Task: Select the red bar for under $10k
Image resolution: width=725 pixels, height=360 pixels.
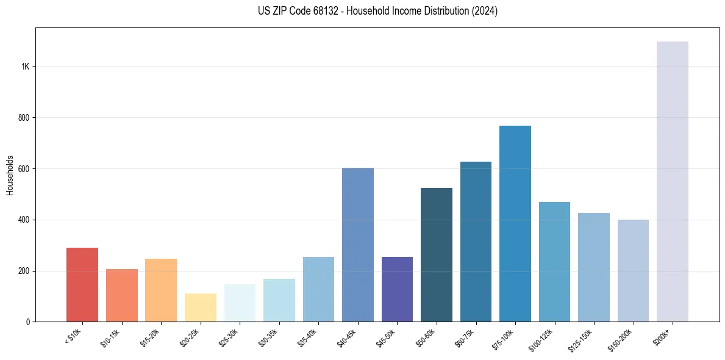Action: point(82,284)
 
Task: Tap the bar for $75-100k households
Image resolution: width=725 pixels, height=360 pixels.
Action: point(515,223)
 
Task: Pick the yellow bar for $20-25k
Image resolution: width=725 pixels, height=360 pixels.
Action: point(200,308)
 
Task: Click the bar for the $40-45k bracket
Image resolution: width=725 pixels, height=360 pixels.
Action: point(357,244)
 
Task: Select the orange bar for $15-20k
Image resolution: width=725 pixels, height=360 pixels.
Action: point(161,290)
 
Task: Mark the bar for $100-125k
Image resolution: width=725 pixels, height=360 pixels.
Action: point(554,262)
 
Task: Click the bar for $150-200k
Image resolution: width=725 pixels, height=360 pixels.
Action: point(633,270)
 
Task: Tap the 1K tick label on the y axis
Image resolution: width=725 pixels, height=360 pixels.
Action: point(25,67)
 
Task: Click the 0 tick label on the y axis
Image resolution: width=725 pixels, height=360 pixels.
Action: point(28,322)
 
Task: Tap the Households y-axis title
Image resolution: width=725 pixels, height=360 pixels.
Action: point(10,175)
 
